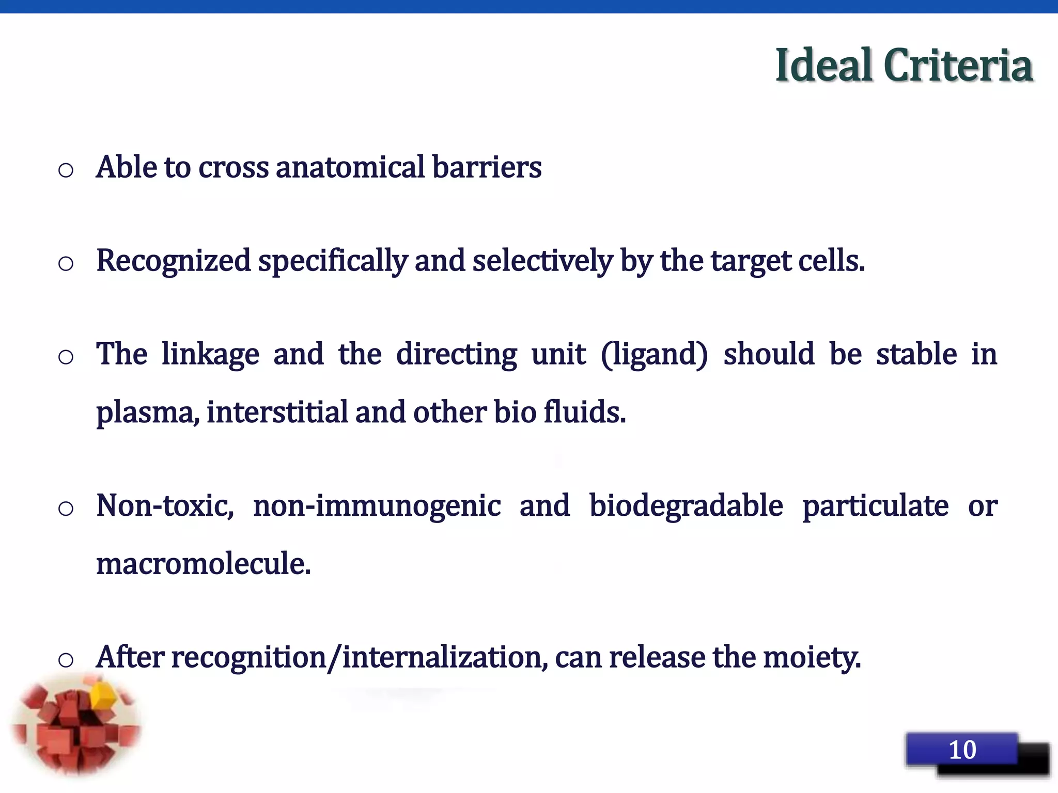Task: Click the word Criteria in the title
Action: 958,66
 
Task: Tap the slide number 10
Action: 962,750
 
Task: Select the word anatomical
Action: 350,167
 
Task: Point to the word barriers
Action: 487,167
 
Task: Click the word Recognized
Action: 174,261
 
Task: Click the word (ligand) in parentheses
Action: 655,355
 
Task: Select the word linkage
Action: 210,355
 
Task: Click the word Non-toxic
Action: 165,506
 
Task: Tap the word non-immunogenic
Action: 377,506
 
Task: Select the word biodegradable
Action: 686,506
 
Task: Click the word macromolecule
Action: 204,564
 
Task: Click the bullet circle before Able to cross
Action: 66,170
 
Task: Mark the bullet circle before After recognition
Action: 66,660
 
